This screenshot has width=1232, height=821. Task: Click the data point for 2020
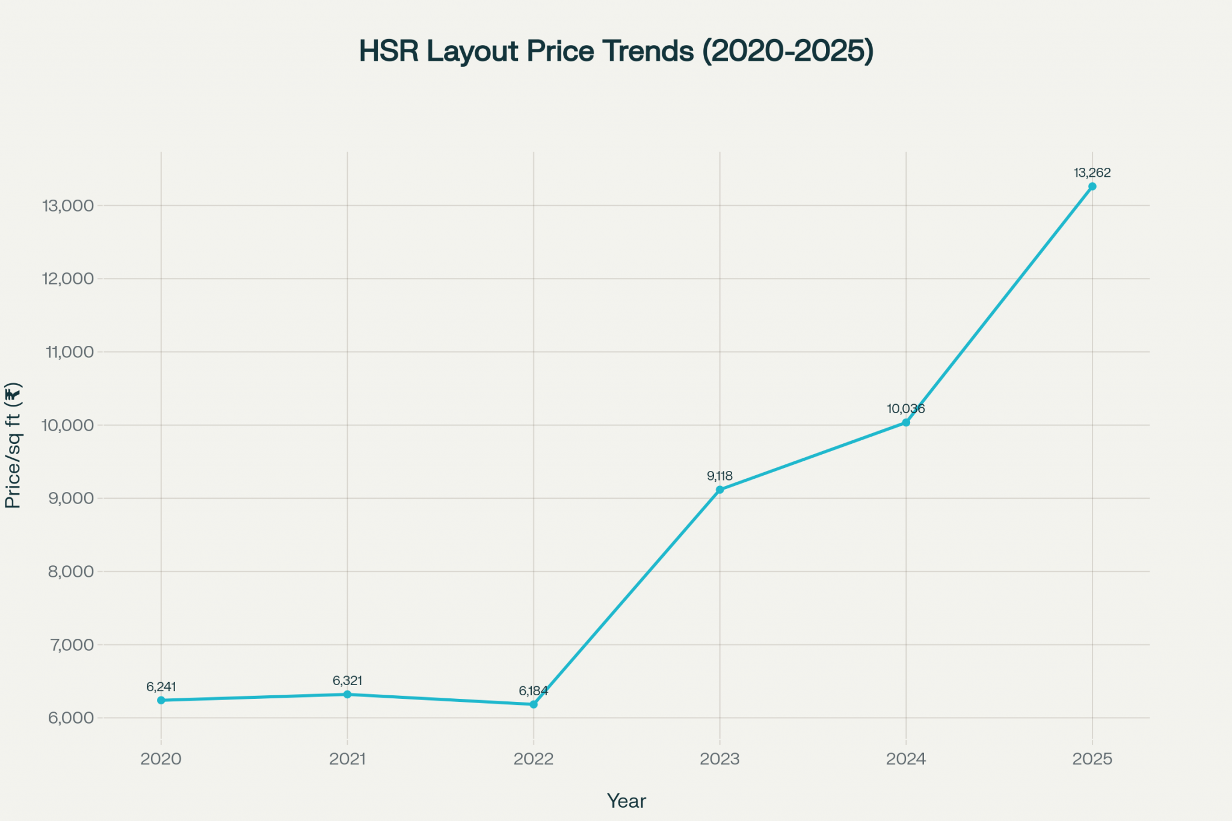pos(161,700)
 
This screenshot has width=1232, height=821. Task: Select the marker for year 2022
pos(534,704)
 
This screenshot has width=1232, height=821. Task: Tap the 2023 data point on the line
pos(719,490)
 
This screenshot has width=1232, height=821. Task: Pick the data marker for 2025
pos(1092,186)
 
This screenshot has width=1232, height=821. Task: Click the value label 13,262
pos(1092,173)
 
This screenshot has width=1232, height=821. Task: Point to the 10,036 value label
pos(906,409)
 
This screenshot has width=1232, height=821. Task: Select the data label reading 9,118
pos(719,476)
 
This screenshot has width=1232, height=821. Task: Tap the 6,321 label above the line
pos(348,681)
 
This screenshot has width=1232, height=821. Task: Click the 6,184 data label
pos(534,691)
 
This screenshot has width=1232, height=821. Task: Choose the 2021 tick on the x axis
pos(348,759)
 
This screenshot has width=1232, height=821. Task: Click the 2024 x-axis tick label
pos(906,759)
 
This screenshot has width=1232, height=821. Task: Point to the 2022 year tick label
pos(534,759)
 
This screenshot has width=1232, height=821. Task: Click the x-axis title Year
pos(626,801)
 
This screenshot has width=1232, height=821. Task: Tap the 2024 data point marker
pos(906,423)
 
